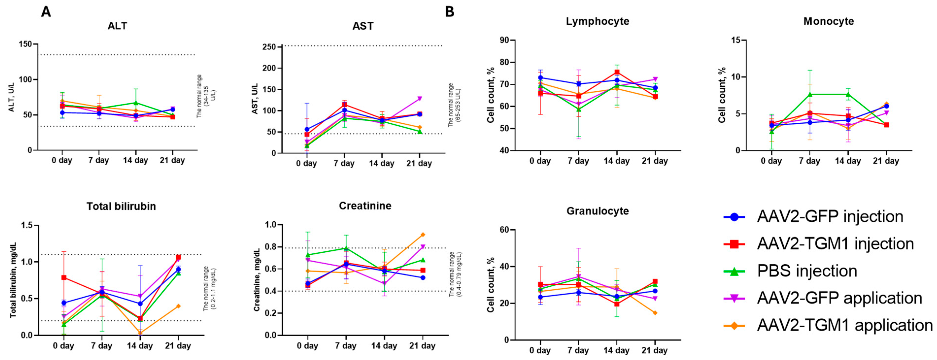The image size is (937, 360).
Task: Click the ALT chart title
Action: click(117, 26)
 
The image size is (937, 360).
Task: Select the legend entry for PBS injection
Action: click(806, 271)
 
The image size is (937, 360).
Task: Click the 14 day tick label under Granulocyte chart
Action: click(616, 351)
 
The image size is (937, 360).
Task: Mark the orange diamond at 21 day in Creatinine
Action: click(423, 235)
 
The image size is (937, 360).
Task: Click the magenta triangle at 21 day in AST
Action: click(419, 98)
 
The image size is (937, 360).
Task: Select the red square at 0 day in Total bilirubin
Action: click(64, 278)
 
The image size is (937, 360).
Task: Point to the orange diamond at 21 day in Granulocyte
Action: click(655, 313)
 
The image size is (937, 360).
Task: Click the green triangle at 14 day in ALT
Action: click(136, 103)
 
